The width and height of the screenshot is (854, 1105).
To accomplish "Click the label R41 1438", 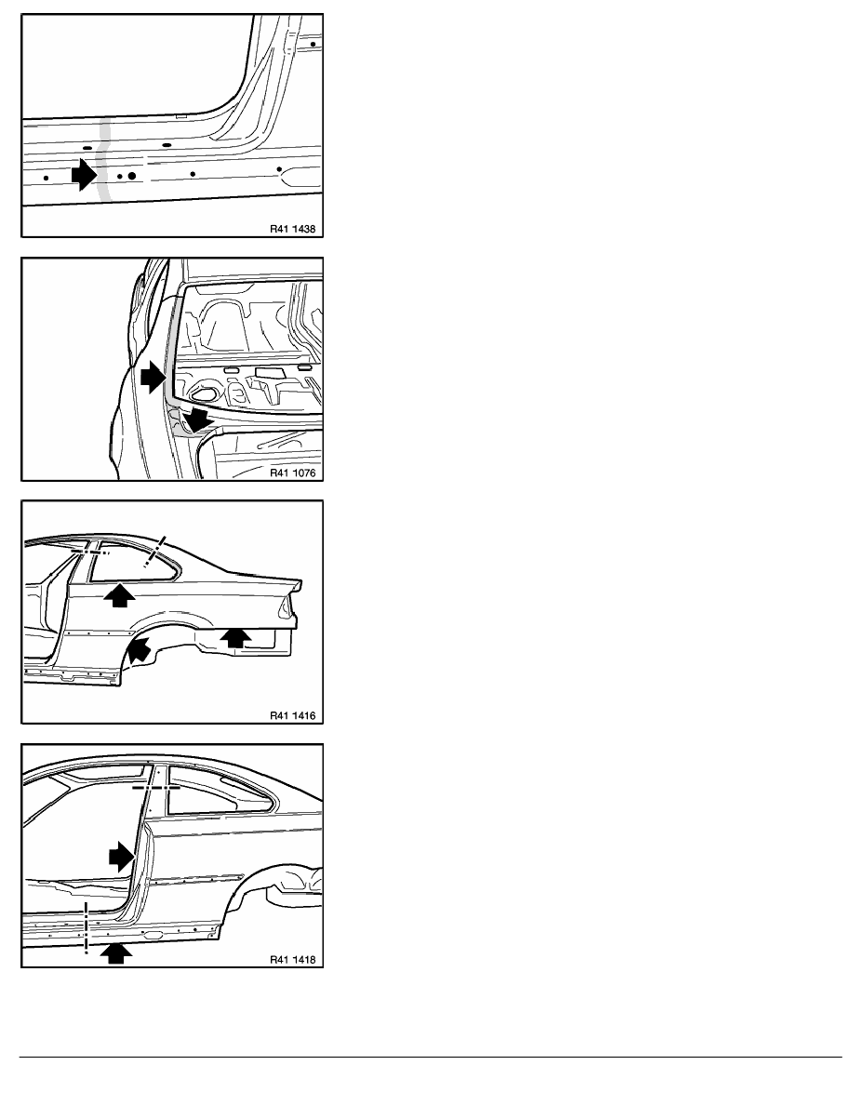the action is coord(292,229).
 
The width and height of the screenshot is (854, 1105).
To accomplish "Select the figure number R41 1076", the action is coord(292,473).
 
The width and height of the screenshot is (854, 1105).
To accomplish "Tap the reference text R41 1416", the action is coord(292,715).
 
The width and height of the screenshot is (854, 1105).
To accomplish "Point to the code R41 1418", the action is coord(292,959).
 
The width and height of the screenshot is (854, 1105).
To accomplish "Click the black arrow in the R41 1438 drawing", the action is coord(84,174).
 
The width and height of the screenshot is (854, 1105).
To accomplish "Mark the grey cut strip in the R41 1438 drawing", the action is coord(104,158).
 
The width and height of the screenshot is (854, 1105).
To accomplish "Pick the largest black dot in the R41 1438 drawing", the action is coord(132,176).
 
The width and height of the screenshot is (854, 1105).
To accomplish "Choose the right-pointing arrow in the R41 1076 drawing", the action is coord(153,379).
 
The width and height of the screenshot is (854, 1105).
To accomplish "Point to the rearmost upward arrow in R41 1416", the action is coord(235,638).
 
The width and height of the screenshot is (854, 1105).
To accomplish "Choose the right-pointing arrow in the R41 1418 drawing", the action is coord(121,857).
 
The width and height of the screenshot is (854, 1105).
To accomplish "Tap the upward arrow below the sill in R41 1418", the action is coord(117,952).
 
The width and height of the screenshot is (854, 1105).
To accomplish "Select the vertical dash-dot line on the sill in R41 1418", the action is coord(86,926).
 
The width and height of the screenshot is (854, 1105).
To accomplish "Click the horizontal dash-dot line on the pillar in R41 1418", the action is coord(155,787).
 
